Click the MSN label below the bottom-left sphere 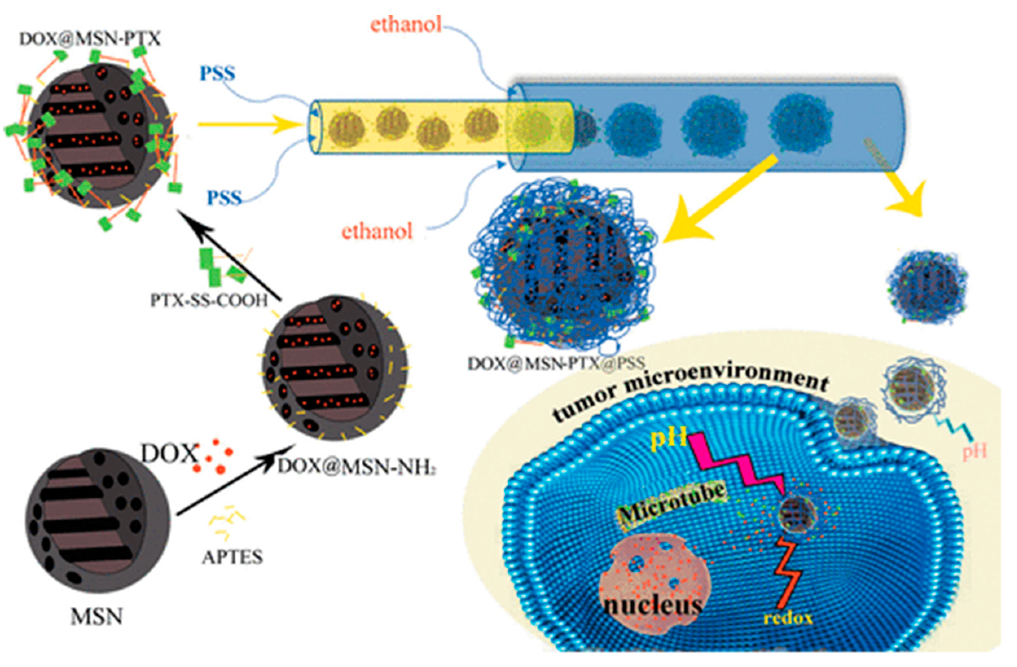tap(96, 616)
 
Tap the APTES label tap(232, 557)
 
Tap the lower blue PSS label tap(224, 197)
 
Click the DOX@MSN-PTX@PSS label tap(556, 363)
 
